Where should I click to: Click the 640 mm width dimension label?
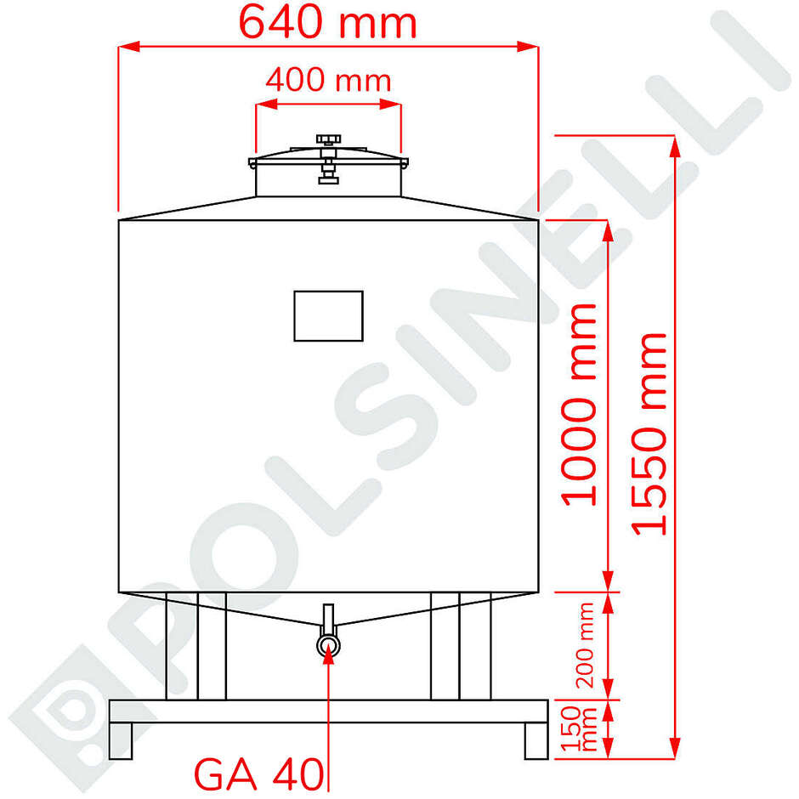(x=327, y=23)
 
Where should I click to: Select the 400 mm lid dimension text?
(x=328, y=81)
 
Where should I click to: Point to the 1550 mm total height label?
(x=651, y=433)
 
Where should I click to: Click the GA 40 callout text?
(x=259, y=774)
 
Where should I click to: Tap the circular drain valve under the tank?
(x=329, y=646)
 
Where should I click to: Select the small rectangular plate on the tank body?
(x=328, y=315)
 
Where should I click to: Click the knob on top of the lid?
(x=328, y=139)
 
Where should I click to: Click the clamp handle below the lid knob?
(x=328, y=177)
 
